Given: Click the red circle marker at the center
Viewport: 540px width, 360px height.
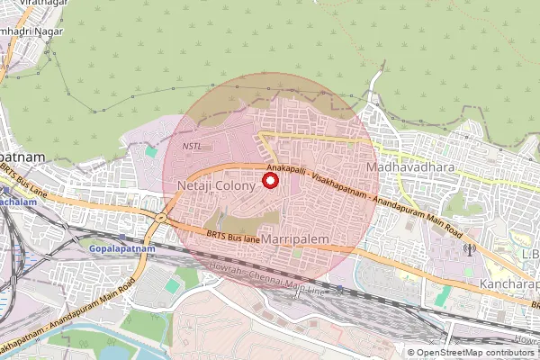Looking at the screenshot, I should tap(269, 181).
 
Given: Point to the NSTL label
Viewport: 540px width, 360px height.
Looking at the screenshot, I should tap(192, 146).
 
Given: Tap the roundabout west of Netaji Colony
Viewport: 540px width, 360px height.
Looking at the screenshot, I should tap(161, 217).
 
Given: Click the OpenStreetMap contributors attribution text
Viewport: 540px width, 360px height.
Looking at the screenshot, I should tap(475, 352).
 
